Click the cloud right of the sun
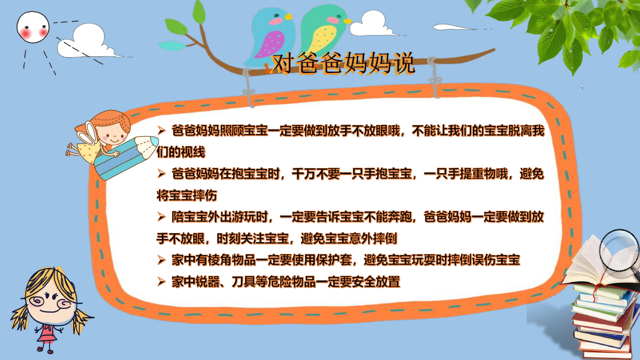(89, 42)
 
